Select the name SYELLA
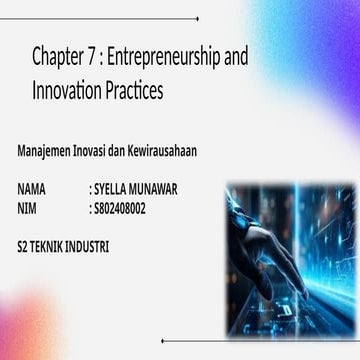point(111,188)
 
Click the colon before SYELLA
point(90,188)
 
